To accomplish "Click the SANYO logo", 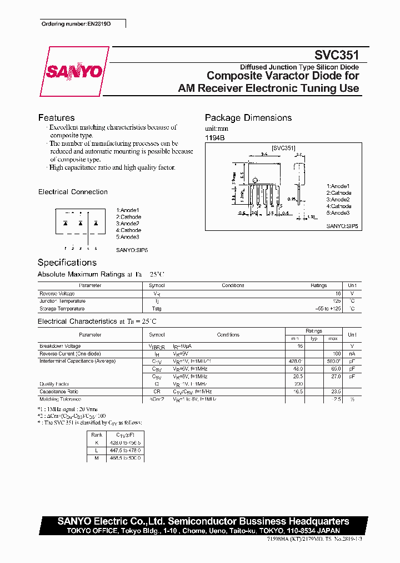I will (74, 72).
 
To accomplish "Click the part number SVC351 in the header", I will (337, 56).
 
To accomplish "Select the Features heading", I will (56, 117).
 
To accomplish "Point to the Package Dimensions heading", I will (248, 117).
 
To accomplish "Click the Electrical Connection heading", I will (73, 192).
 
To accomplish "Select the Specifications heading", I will (67, 263).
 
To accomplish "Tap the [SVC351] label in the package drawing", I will (283, 149).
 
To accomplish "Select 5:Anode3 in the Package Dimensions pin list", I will (338, 213).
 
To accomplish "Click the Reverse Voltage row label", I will (57, 293).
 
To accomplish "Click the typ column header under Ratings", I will (313, 338).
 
